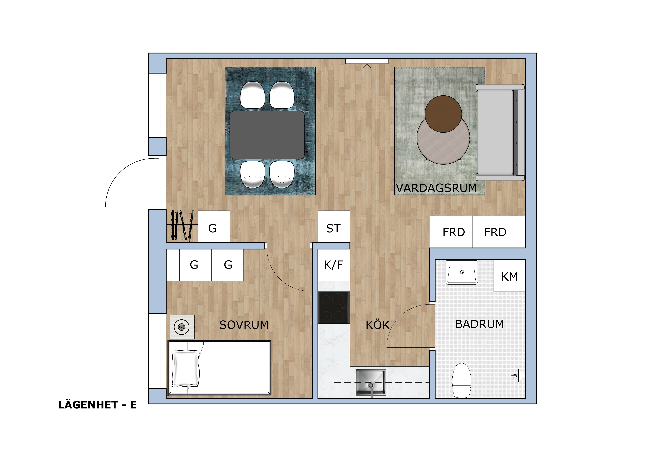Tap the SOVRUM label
click(x=244, y=325)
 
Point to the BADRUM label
click(x=480, y=324)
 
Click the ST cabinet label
click(x=333, y=228)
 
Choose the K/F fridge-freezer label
click(x=333, y=265)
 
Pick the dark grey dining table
click(x=267, y=135)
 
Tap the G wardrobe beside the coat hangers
click(x=214, y=226)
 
